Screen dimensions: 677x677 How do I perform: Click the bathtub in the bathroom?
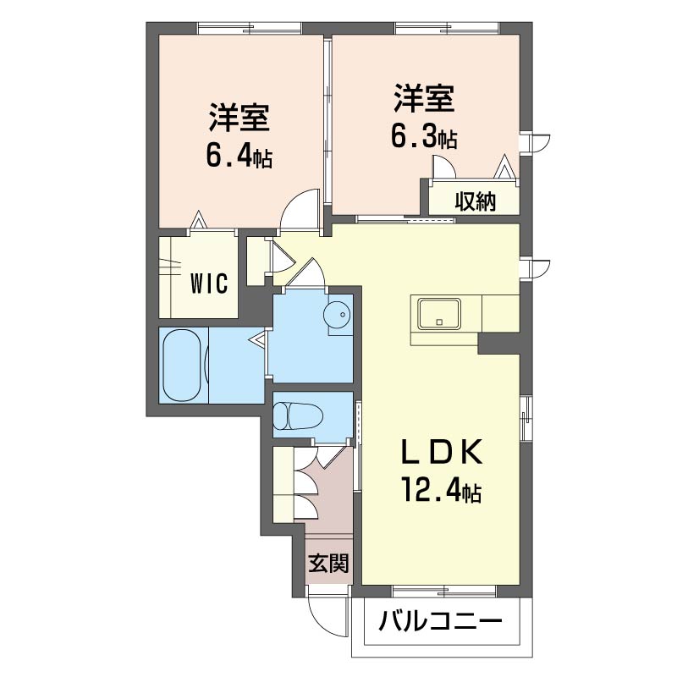pos(182,366)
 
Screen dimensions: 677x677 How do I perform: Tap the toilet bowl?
pos(299,416)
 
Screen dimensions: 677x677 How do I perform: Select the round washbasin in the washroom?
pos(336,314)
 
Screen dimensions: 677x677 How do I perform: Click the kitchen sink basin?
pos(438,314)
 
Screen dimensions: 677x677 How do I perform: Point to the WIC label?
pos(209,284)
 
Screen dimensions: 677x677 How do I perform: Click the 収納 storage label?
pos(476,201)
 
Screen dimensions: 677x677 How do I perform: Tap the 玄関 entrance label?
pos(328,563)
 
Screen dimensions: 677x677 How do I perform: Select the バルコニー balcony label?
pos(440,622)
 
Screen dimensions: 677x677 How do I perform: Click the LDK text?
pos(442,452)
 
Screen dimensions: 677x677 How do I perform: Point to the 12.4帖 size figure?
pos(442,490)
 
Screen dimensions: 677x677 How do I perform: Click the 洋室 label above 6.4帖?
pos(239,117)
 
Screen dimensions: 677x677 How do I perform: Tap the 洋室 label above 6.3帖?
pos(424,98)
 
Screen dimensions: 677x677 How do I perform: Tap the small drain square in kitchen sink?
pos(439,322)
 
